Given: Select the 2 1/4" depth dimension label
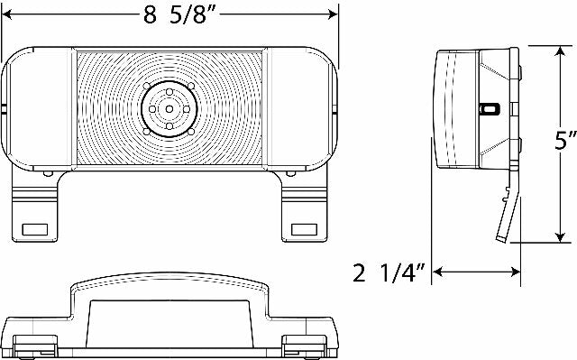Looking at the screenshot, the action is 389,272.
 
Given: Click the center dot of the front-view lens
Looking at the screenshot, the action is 169,109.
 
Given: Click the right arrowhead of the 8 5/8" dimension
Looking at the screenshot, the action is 332,14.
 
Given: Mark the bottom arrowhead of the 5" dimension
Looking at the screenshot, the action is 560,236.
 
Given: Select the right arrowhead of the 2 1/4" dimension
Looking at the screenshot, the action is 515,272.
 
